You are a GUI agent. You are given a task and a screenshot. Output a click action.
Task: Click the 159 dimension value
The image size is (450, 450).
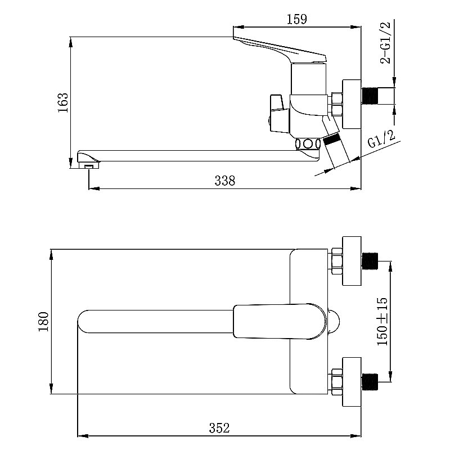click(297, 19)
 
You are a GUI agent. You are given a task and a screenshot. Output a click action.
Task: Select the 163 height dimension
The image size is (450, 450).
click(64, 103)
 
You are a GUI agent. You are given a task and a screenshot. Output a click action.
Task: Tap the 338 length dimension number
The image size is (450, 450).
click(224, 181)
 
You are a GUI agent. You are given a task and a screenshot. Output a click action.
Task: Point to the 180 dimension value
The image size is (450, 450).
click(44, 321)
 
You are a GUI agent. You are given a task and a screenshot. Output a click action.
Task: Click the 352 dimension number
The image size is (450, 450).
click(219, 428)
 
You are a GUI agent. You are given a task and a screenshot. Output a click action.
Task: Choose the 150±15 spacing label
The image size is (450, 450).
click(382, 321)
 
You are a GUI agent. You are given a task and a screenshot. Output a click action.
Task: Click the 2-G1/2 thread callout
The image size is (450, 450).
click(385, 42)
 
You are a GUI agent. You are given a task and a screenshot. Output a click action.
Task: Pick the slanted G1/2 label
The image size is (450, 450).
click(382, 139)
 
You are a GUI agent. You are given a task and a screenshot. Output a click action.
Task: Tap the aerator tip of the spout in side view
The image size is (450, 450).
click(89, 165)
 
